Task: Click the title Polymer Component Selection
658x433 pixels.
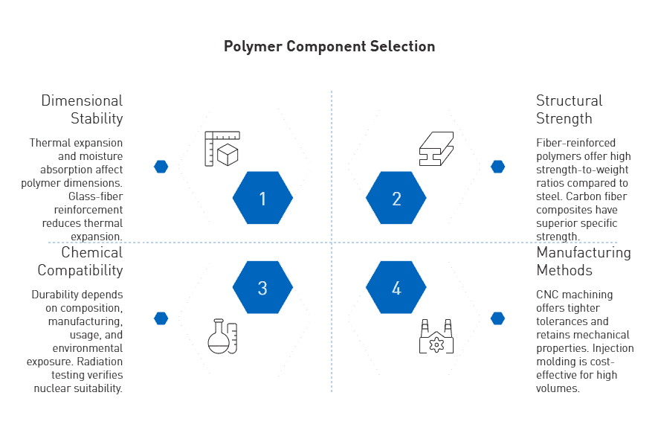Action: click(329, 47)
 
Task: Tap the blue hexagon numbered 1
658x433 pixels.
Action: click(262, 198)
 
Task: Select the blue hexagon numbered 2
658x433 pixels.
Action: click(396, 198)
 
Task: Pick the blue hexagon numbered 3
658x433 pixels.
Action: click(262, 287)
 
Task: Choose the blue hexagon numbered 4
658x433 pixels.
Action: click(396, 287)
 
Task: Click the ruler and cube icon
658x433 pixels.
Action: click(222, 149)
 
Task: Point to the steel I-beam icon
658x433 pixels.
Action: click(436, 149)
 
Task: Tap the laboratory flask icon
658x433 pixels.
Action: click(222, 336)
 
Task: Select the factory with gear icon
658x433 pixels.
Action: click(436, 336)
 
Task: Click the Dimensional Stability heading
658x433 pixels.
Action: click(82, 109)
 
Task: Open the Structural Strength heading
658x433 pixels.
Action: click(569, 109)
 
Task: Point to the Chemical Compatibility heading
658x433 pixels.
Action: click(80, 261)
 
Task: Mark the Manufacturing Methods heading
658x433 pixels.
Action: click(584, 261)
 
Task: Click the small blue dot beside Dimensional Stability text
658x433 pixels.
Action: click(161, 167)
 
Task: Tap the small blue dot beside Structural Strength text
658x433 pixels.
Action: click(497, 167)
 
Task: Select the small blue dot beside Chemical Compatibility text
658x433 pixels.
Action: click(161, 318)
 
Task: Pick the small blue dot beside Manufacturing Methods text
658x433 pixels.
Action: click(497, 318)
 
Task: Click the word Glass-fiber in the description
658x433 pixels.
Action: click(96, 196)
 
